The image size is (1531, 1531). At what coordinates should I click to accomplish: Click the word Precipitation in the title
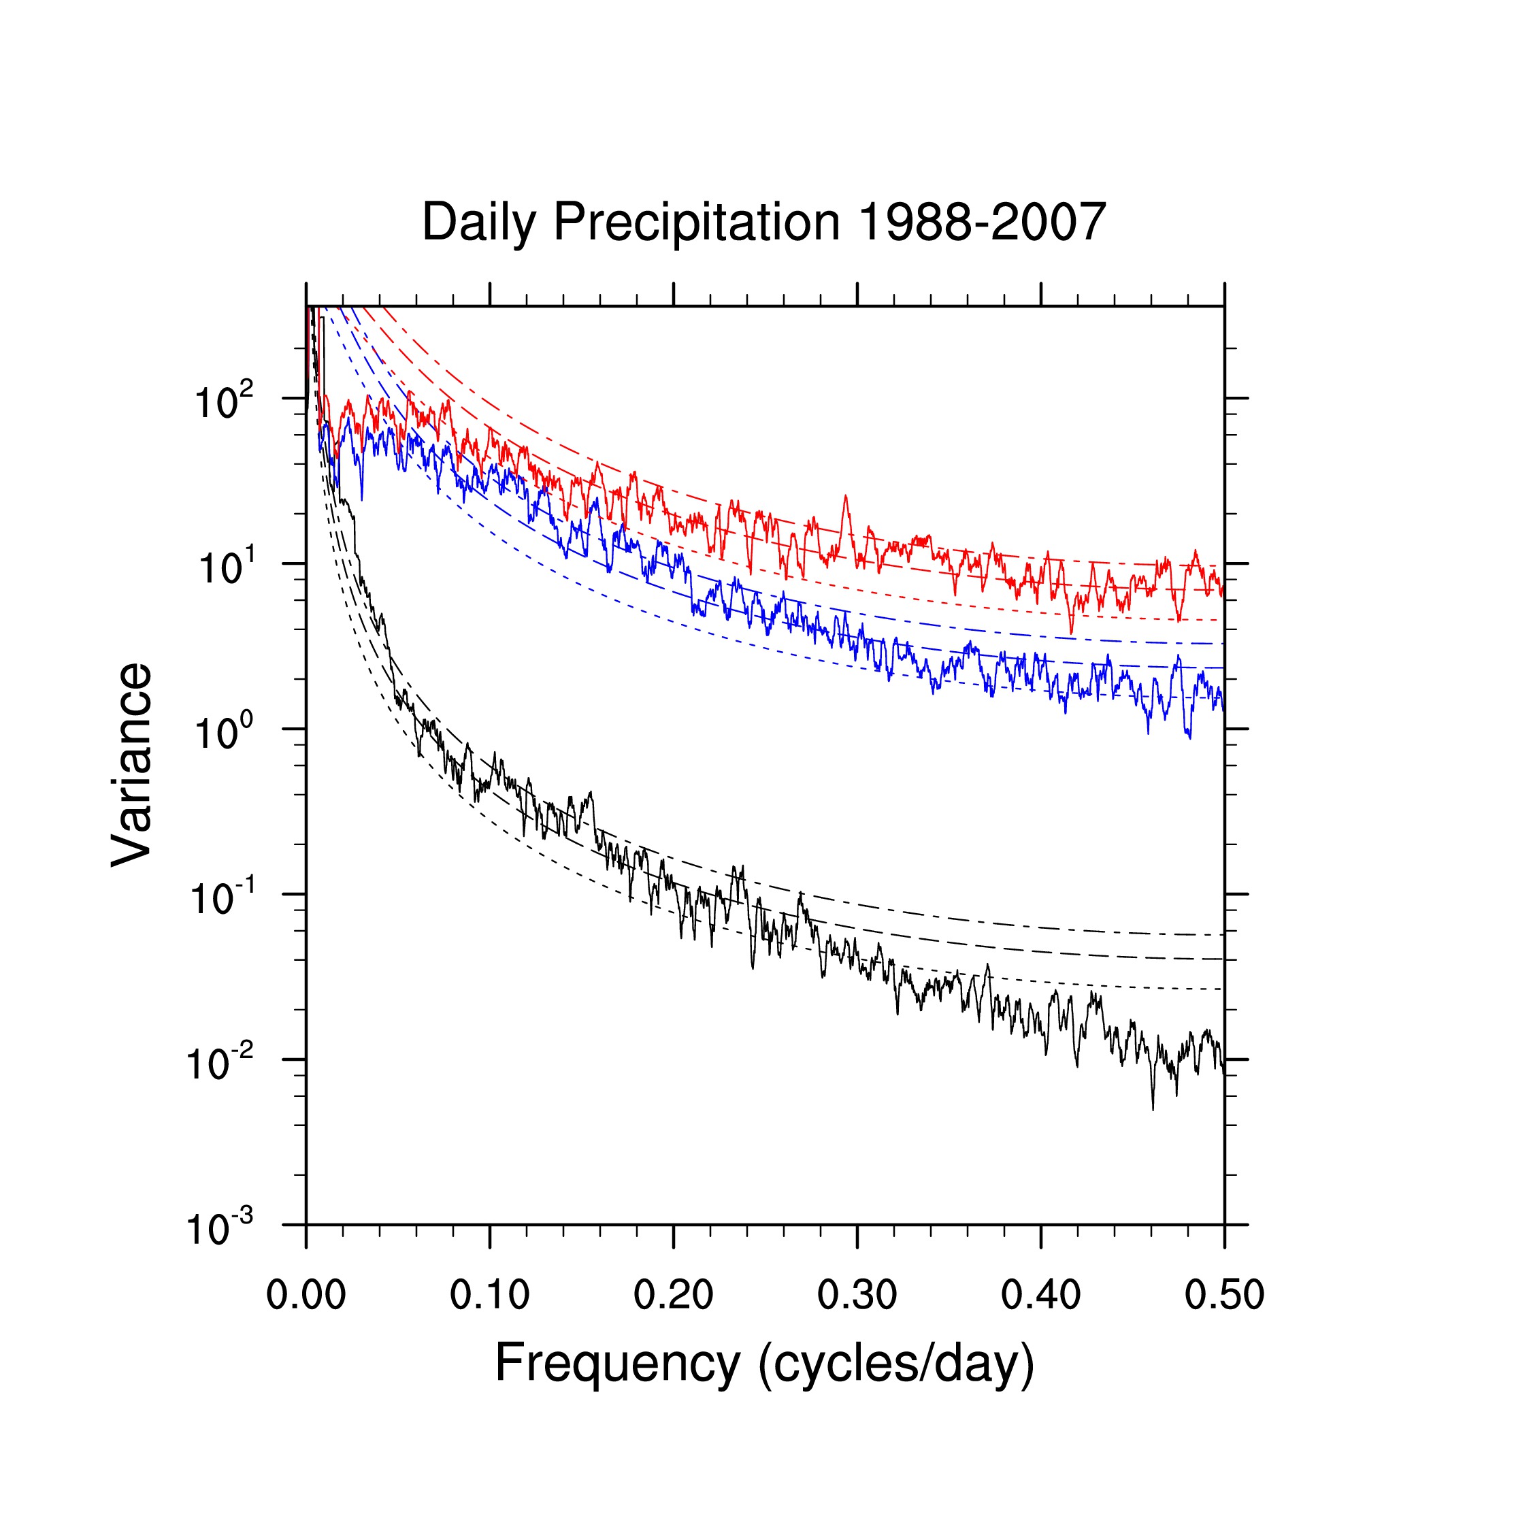coord(696,223)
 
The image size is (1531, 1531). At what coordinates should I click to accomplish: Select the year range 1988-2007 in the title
coord(982,221)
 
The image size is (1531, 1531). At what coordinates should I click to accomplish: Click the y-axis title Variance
coord(131,765)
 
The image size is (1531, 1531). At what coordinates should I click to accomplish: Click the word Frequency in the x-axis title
coord(617,1364)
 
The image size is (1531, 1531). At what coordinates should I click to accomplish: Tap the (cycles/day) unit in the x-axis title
coord(896,1364)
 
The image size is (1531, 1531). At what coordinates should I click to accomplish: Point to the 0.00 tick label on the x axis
coord(306,1296)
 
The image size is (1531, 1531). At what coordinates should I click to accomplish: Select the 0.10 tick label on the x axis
coord(490,1296)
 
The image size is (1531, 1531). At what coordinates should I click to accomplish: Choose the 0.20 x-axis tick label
coord(674,1296)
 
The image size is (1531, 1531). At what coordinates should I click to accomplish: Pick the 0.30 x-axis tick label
coord(857,1296)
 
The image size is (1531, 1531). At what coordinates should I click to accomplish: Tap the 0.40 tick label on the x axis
coord(1040,1296)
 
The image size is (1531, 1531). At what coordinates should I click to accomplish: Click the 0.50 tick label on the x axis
coord(1223,1296)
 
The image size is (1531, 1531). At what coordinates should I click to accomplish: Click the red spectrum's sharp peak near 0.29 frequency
coord(846,497)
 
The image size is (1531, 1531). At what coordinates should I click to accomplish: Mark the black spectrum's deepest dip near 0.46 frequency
coord(1153,1108)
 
